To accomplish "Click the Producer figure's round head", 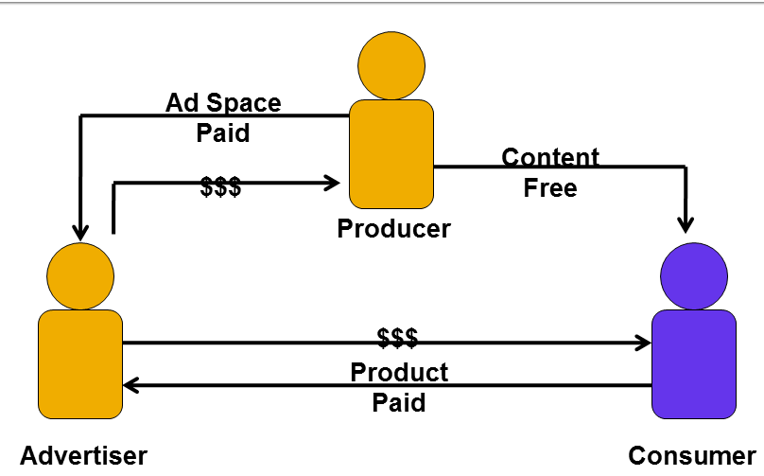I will [x=391, y=65].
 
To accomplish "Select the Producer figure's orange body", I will [x=391, y=153].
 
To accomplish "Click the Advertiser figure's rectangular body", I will [x=80, y=363].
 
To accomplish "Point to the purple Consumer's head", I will [x=694, y=275].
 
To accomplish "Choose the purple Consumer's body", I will [x=694, y=363].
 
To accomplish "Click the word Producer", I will [x=393, y=228].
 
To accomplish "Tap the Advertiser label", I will [x=83, y=455].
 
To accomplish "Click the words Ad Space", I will [x=223, y=101].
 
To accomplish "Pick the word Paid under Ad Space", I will [x=223, y=132].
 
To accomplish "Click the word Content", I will [x=550, y=157].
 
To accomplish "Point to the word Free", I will [x=550, y=187].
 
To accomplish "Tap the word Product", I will [x=399, y=371].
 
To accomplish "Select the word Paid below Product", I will [x=399, y=402].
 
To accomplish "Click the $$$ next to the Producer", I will [x=220, y=186].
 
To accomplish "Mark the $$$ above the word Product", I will [x=397, y=337].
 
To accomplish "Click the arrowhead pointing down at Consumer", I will [x=686, y=224].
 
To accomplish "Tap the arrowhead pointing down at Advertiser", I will [x=81, y=230].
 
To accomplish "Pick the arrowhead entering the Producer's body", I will [x=332, y=183].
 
